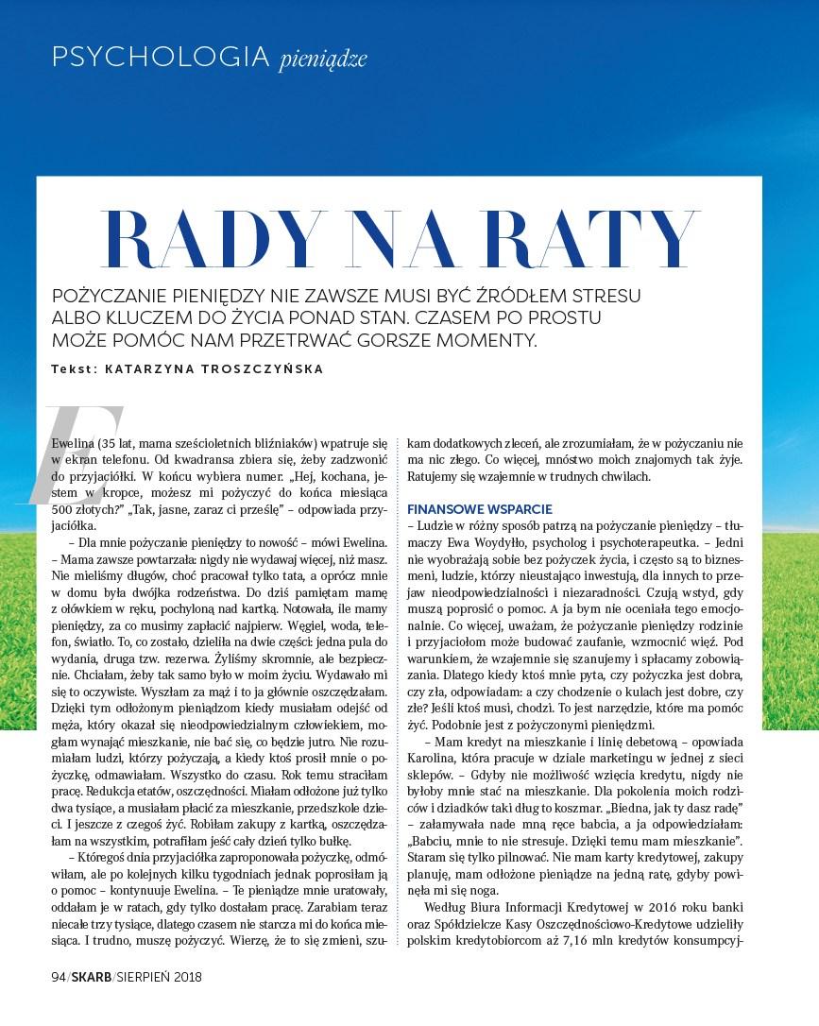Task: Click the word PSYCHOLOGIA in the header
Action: (x=161, y=58)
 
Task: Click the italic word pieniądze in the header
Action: (x=322, y=60)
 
